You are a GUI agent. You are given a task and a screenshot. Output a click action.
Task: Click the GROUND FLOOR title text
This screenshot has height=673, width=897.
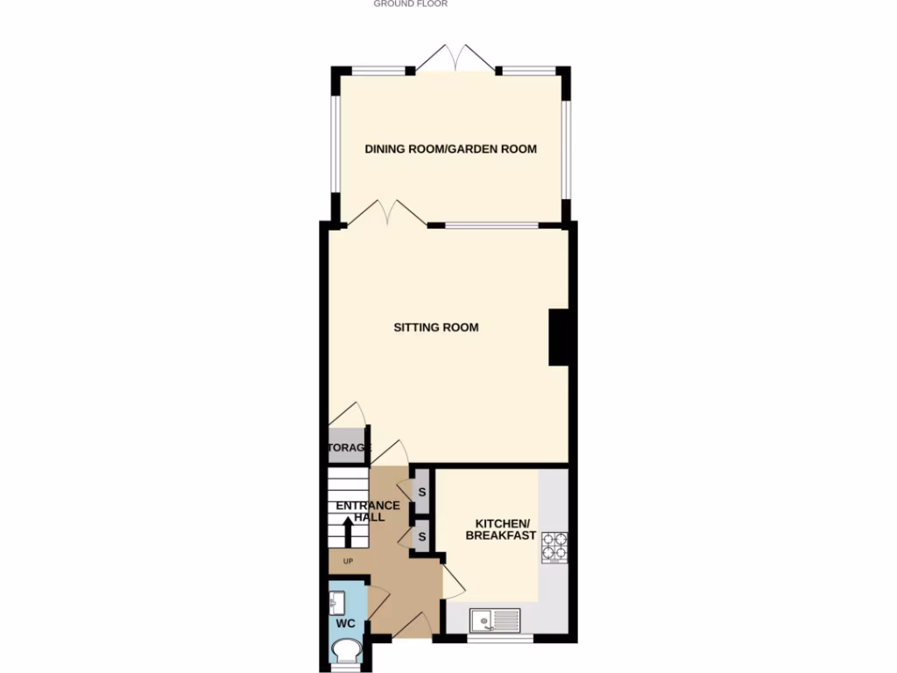coord(411,4)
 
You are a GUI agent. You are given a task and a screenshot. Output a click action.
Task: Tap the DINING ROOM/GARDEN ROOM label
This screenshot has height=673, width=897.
coord(450,149)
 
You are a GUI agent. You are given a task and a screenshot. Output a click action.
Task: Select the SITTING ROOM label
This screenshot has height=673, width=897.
coord(436,328)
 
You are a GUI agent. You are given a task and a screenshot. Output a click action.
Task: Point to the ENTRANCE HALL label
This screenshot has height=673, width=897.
coord(369,511)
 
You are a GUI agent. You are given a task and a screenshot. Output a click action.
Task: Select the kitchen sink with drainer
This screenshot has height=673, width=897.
coord(495,620)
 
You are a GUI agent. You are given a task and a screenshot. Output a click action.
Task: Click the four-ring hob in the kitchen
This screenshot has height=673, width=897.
coord(554,547)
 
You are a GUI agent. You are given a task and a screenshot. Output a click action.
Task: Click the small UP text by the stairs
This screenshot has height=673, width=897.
coord(347,562)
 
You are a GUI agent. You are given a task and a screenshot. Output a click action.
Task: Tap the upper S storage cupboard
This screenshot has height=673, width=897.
coord(421,492)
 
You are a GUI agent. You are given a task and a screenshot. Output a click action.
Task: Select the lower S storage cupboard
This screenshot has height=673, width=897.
coord(421,535)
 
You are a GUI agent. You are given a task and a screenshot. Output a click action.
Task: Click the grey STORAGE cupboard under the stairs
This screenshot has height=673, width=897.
coord(348,447)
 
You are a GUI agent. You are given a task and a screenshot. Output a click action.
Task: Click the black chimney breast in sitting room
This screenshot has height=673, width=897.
coord(560,337)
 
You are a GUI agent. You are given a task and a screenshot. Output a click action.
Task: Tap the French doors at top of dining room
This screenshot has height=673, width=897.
coord(454,60)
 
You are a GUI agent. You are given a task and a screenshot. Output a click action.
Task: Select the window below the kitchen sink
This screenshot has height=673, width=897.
coord(500,638)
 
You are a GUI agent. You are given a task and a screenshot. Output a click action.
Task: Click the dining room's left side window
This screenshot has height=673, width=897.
coord(334,143)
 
